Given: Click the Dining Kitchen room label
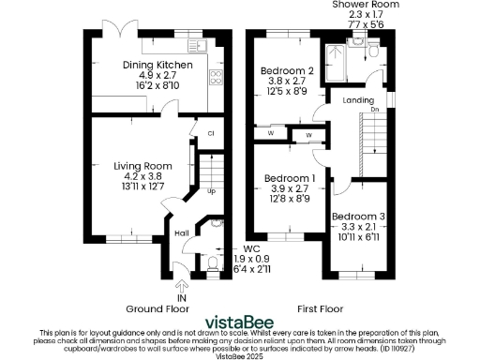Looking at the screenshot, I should pyautogui.click(x=157, y=65).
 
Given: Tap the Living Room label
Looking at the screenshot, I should pyautogui.click(x=140, y=166).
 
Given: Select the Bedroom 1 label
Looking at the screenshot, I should pyautogui.click(x=289, y=178).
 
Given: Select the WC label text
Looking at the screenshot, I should pyautogui.click(x=237, y=248).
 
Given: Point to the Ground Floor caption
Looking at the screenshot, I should pyautogui.click(x=157, y=307).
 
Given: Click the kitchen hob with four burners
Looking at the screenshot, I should pyautogui.click(x=215, y=78).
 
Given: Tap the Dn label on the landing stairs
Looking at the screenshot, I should pyautogui.click(x=375, y=110).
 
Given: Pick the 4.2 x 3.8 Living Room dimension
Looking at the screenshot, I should pyautogui.click(x=140, y=175).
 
